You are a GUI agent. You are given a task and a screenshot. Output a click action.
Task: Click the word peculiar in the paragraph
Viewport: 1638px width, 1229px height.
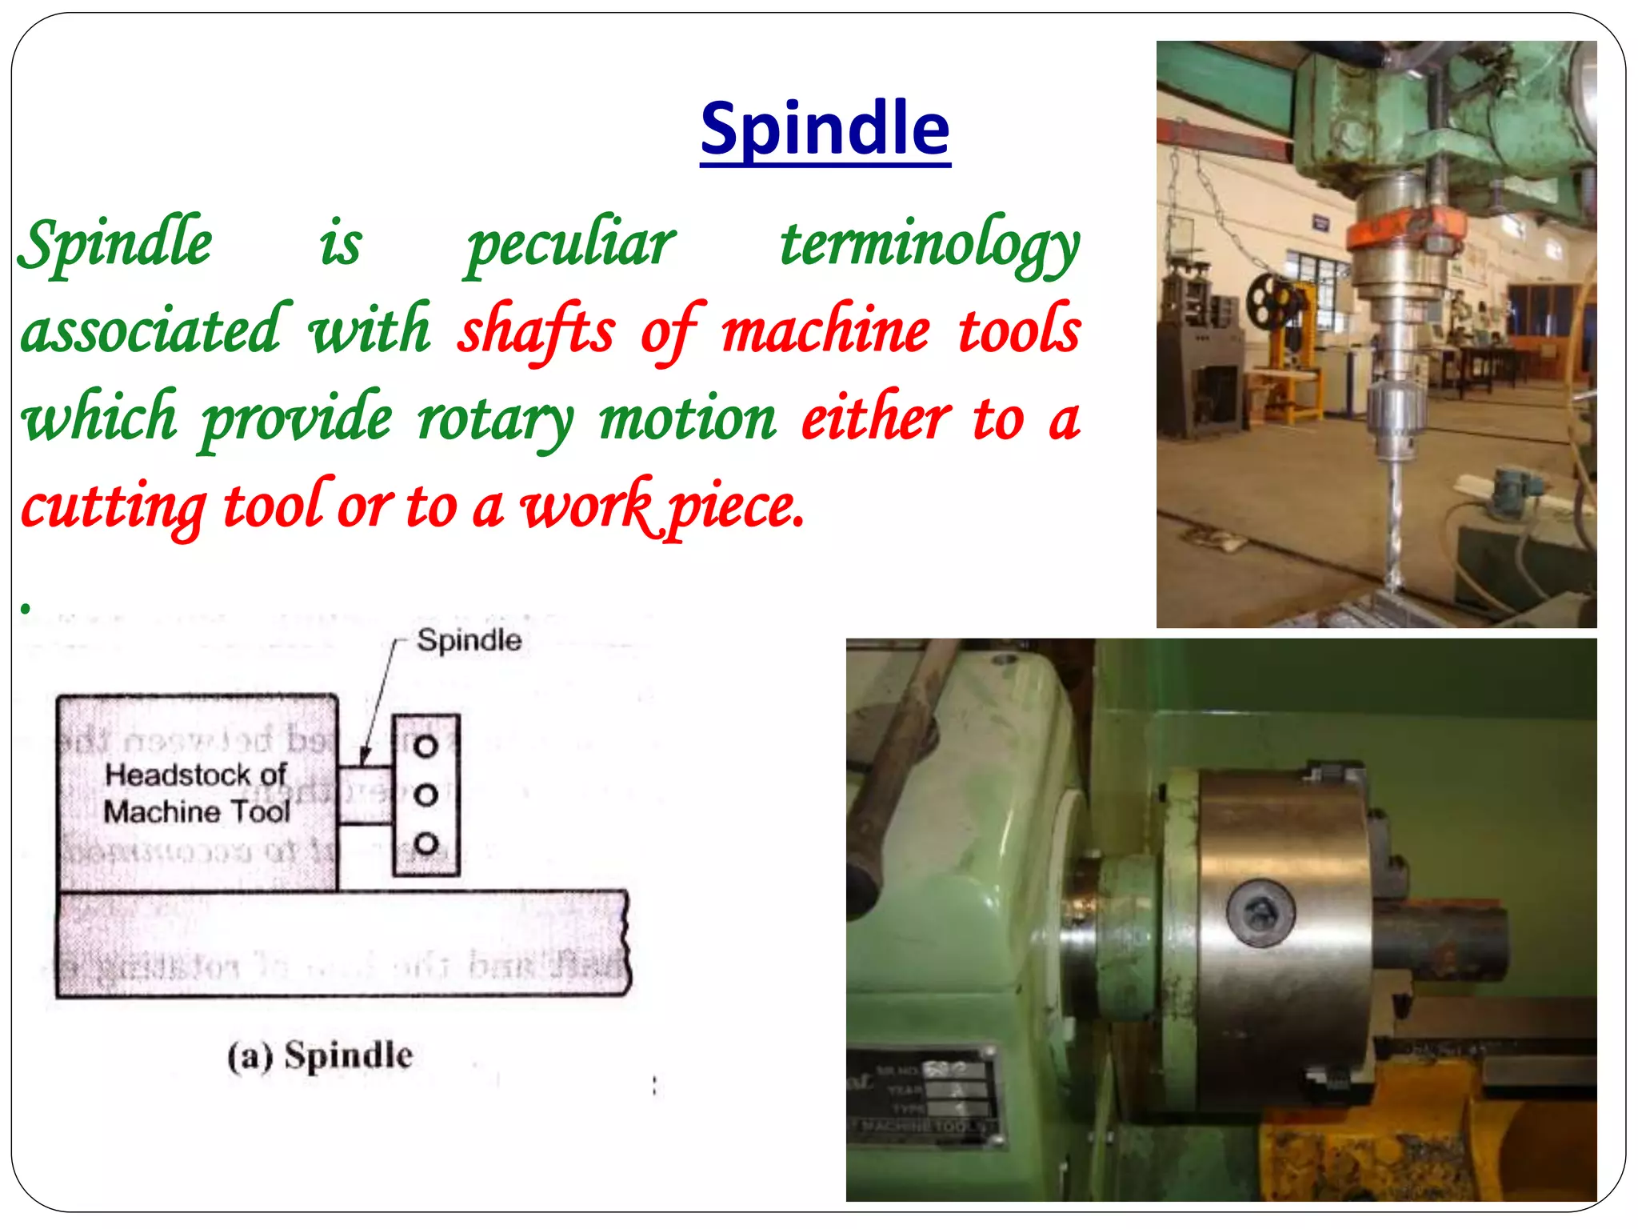[x=571, y=244]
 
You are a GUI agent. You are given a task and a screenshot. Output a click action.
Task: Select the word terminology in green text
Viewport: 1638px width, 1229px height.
[x=930, y=244]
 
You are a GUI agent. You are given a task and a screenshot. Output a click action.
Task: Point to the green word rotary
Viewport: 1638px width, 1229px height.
[x=496, y=418]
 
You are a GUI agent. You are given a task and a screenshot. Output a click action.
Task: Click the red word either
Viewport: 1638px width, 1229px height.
[x=876, y=418]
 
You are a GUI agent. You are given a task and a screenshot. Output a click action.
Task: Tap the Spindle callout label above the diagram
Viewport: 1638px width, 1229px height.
[x=469, y=640]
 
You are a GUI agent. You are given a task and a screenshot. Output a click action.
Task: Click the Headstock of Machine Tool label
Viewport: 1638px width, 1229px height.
[x=197, y=793]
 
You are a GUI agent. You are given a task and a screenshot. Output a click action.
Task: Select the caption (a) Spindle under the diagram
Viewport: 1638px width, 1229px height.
[x=320, y=1055]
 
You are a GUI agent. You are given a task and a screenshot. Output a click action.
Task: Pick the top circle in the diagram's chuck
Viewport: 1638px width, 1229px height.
[x=425, y=747]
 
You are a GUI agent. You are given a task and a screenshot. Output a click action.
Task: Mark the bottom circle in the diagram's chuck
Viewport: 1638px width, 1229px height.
[x=425, y=843]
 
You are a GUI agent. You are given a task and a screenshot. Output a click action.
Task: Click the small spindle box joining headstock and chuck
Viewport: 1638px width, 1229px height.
[x=365, y=795]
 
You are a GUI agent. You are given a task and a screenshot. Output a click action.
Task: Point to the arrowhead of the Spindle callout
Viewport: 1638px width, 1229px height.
[x=364, y=757]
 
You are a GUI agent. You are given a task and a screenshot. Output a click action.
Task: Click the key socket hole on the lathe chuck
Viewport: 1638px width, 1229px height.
[x=1260, y=913]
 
